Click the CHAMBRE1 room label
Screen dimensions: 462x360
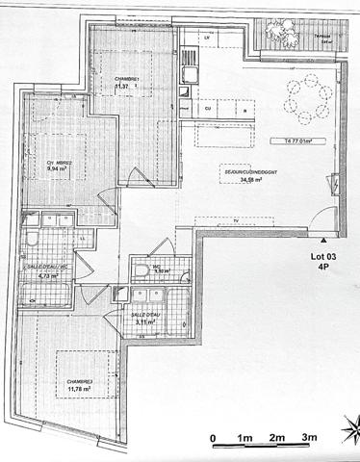(128, 78)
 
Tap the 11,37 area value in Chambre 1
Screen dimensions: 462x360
(121, 87)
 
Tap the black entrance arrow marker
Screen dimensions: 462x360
(324, 236)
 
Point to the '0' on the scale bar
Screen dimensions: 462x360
(213, 439)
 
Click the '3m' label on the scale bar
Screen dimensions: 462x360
(310, 439)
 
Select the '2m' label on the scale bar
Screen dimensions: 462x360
(277, 439)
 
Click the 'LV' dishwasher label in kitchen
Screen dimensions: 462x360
(206, 37)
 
